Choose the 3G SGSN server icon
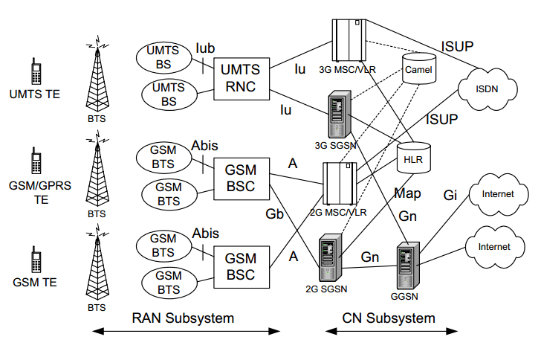pos(337,112)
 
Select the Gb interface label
pos(276,214)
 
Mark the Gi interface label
pos(451,195)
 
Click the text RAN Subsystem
pos(183,318)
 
